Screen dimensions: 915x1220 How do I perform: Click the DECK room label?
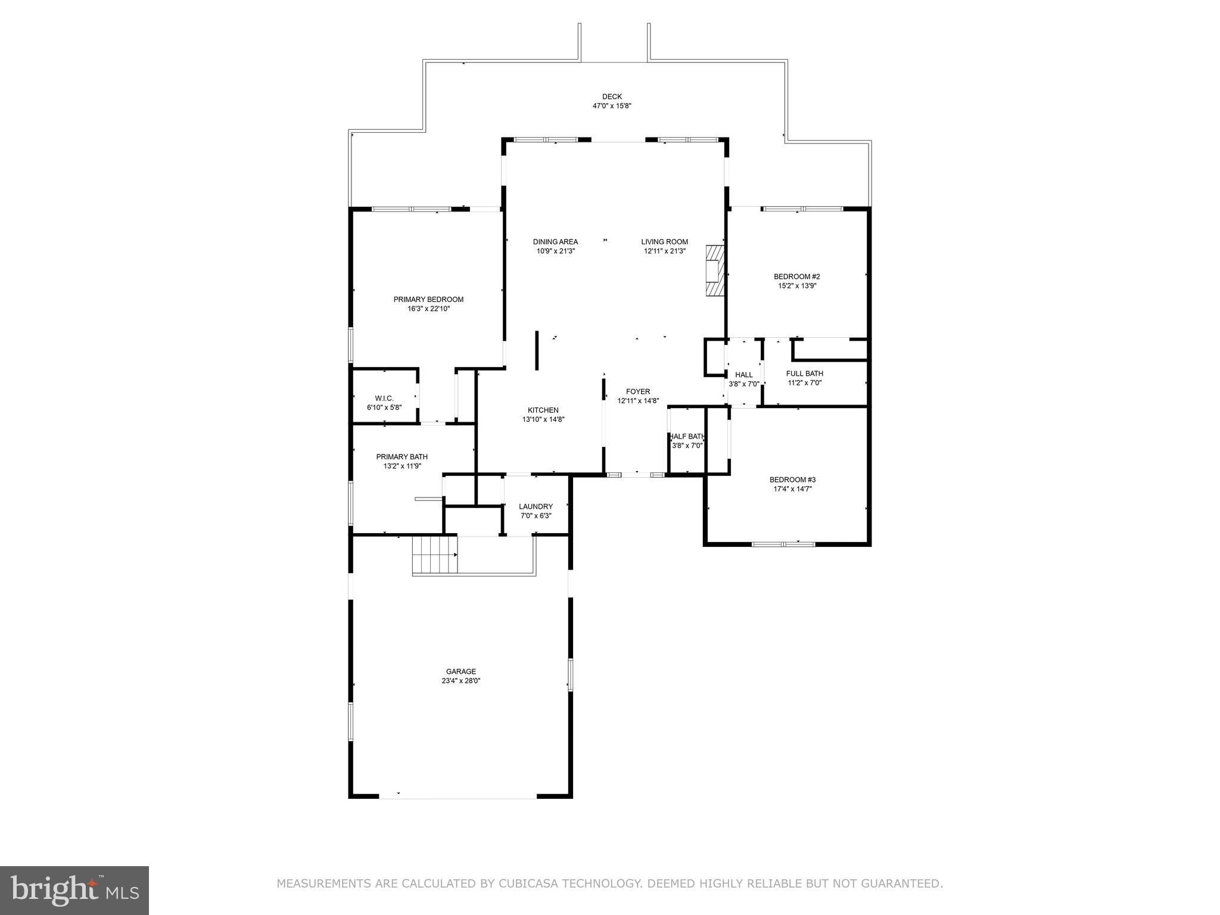(612, 97)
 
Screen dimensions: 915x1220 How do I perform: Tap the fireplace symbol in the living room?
(715, 270)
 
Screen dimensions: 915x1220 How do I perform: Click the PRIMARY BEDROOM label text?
(428, 300)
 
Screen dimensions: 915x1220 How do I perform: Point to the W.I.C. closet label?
(384, 398)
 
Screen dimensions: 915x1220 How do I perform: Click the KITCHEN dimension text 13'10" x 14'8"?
(543, 419)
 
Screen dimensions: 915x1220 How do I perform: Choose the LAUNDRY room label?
(536, 506)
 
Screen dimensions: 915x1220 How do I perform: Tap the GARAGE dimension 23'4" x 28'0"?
(461, 681)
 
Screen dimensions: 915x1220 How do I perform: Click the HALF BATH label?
(687, 436)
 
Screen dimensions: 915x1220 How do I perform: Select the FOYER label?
(638, 391)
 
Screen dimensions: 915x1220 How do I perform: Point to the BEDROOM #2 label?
(796, 276)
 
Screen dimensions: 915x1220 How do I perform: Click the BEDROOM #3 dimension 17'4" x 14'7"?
(792, 489)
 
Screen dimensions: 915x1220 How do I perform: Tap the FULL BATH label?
(804, 374)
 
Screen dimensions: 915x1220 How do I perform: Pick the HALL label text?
(743, 375)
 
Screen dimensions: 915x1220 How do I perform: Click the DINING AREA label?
(555, 242)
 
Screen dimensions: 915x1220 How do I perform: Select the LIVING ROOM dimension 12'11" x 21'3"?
(664, 251)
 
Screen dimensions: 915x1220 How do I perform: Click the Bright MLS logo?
(74, 890)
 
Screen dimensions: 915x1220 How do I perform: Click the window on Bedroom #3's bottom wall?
(783, 543)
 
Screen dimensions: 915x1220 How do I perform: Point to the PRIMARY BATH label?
(402, 457)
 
